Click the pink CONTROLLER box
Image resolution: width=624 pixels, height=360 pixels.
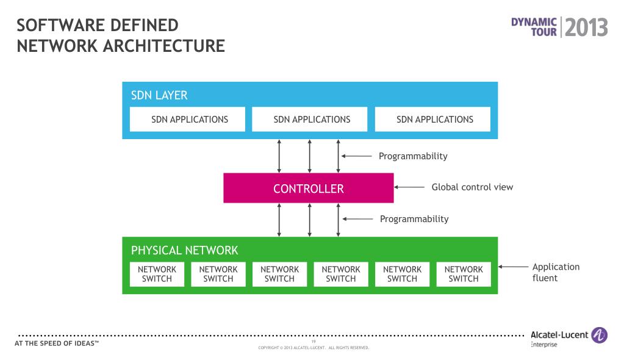click(308, 189)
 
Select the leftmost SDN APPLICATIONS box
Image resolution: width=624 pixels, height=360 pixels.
click(187, 120)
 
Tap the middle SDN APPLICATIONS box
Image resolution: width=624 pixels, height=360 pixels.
click(310, 120)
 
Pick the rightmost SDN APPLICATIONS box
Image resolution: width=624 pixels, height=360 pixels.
click(432, 120)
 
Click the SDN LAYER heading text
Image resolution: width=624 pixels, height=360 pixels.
click(159, 96)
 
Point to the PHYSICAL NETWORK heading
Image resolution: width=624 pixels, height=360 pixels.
click(184, 250)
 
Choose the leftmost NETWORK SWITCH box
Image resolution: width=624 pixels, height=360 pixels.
click(157, 274)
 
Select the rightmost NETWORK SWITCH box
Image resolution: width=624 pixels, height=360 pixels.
click(464, 274)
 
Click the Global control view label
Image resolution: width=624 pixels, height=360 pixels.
click(472, 187)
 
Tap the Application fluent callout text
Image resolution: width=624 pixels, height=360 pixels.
click(556, 272)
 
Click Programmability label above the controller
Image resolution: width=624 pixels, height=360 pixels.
click(413, 156)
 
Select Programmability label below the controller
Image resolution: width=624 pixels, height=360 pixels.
click(414, 219)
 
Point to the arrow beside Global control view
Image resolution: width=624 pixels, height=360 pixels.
click(409, 187)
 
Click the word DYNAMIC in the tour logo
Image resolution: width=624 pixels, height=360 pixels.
click(534, 21)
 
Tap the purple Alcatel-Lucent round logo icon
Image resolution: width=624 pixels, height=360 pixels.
click(600, 335)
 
